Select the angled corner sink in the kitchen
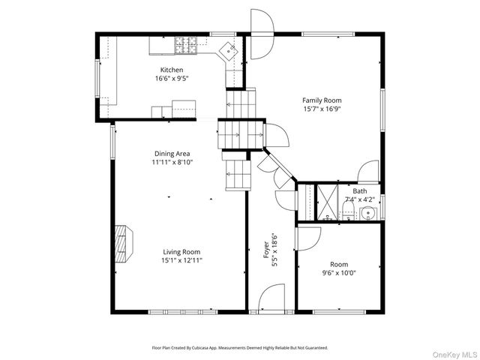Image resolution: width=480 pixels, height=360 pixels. pos(229,50)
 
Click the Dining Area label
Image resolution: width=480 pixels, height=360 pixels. pos(172,153)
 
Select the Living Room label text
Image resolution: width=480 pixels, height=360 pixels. pos(181,252)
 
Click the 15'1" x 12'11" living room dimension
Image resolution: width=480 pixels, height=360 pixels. pos(181,261)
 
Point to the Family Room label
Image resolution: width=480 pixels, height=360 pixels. pos(322,100)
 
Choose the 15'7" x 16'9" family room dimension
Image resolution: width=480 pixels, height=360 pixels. pos(322,109)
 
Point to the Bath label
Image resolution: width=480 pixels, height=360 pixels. pos(360,191)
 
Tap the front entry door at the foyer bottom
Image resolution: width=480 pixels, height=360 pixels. pos(271,297)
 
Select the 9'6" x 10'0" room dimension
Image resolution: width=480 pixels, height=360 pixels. pos(338,273)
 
